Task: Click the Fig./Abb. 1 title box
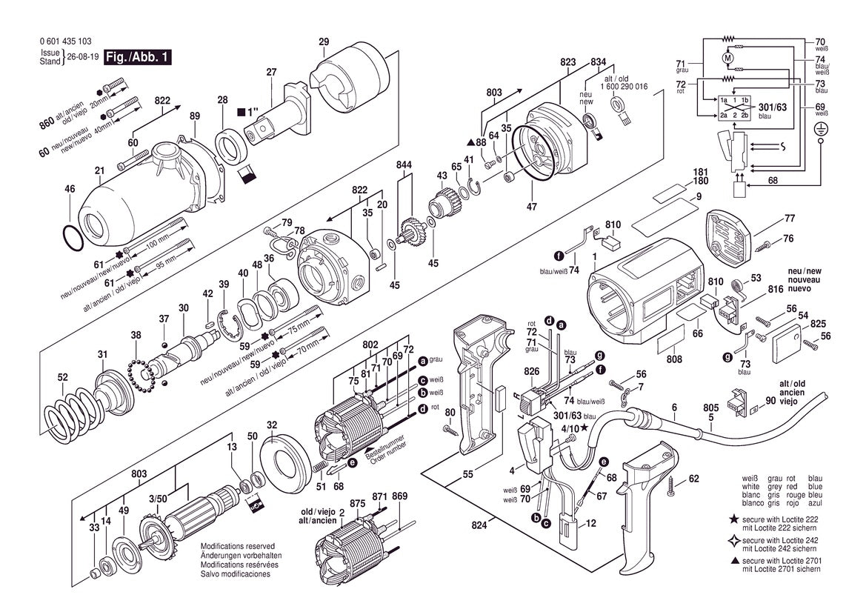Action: click(x=138, y=57)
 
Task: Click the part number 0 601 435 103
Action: click(x=66, y=41)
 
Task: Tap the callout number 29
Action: click(x=324, y=41)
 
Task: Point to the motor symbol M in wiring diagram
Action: click(x=727, y=57)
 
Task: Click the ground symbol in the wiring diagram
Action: click(x=820, y=129)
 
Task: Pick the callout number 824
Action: click(x=479, y=525)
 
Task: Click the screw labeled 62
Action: click(x=673, y=485)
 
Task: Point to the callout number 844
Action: click(x=404, y=164)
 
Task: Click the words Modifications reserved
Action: click(x=236, y=545)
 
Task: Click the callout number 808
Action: click(x=674, y=359)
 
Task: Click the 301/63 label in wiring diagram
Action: click(x=773, y=107)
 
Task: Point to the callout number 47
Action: click(x=531, y=207)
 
